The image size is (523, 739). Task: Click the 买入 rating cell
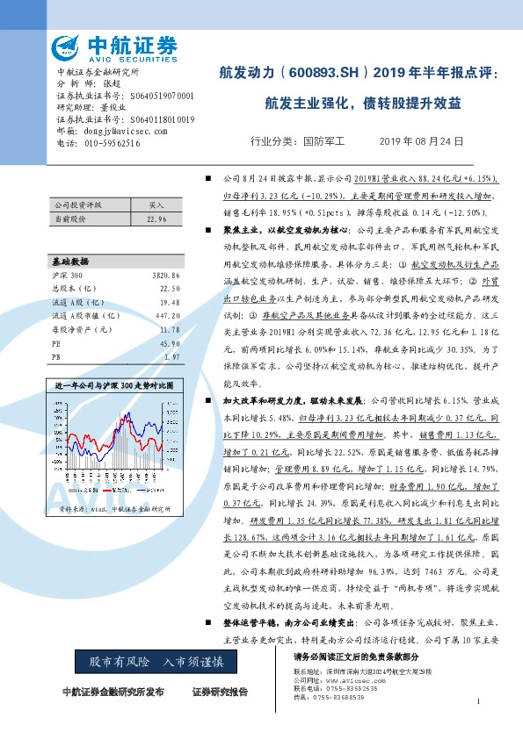[156, 202]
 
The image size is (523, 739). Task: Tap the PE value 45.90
[170, 342]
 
